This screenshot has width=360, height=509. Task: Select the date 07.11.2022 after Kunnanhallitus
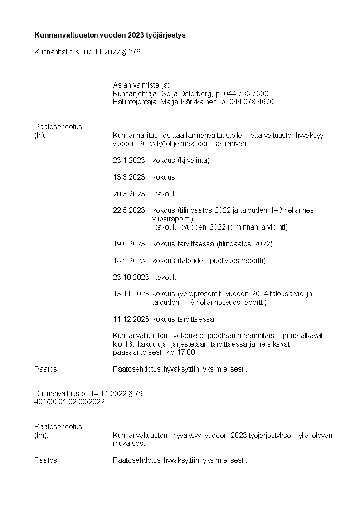coord(102,52)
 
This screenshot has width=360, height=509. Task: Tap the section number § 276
coord(131,52)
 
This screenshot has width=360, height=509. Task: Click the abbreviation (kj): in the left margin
coord(40,136)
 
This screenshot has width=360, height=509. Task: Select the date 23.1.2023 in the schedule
coord(129,160)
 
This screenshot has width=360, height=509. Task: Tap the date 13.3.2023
coord(129,177)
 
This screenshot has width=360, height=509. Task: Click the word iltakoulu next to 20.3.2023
coord(165,194)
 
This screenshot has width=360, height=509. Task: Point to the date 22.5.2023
coord(129,210)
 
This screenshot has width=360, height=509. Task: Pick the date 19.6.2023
coord(129,244)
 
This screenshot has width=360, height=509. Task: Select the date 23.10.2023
coord(131,277)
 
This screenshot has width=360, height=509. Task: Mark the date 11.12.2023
coord(131,319)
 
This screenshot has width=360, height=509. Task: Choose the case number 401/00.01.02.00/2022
coord(70,402)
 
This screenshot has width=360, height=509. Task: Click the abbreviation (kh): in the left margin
coord(41,436)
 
